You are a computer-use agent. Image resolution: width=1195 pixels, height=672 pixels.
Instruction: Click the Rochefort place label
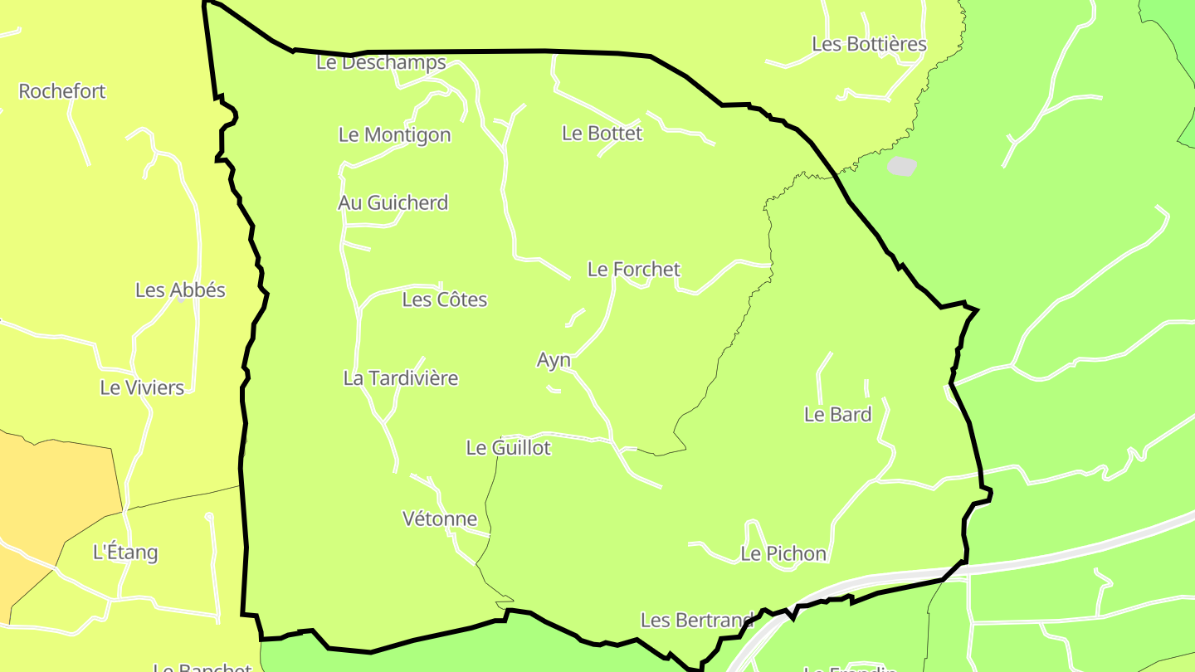coord(62,91)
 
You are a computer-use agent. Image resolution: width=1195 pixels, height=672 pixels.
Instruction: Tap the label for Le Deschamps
coord(381,62)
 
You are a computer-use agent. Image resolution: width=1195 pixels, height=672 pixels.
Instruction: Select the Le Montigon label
coord(394,134)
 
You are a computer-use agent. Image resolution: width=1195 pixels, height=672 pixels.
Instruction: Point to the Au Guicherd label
coord(393,202)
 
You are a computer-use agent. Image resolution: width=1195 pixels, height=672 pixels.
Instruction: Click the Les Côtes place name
coord(444,299)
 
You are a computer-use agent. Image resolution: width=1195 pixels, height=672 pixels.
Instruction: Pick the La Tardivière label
coord(400,378)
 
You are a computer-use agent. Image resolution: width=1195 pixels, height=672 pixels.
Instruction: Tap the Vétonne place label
coord(439,519)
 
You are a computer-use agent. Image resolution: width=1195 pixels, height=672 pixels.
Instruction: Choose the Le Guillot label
coord(508,448)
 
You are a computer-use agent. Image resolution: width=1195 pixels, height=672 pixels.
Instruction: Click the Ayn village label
coord(554,360)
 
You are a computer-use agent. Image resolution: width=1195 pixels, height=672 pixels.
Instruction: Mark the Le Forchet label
coord(633,270)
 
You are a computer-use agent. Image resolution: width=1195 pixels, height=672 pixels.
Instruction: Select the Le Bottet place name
coord(602,133)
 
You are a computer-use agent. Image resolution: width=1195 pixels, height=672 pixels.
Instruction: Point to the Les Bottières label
coord(869,44)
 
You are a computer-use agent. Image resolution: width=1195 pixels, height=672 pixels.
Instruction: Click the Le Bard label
coord(837,415)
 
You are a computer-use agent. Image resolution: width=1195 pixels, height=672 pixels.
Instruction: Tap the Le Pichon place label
coord(783,553)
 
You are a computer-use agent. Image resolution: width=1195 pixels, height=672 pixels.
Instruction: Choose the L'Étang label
coord(125,552)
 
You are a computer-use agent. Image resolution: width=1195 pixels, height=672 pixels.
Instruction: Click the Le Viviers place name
coord(142,387)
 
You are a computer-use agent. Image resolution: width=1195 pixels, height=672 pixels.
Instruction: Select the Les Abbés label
coord(180,290)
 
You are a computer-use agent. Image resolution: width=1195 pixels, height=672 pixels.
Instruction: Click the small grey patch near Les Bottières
coord(901,166)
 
